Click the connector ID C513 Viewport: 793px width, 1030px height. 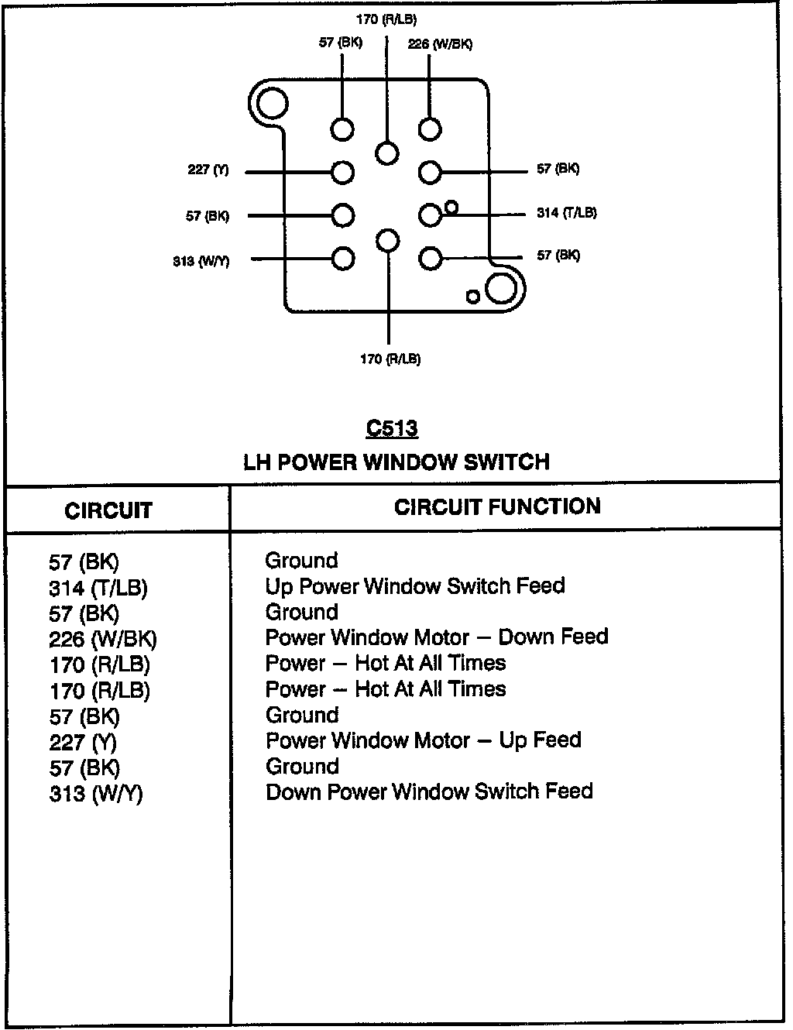[x=392, y=428]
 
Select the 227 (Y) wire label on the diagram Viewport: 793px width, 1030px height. [x=208, y=170]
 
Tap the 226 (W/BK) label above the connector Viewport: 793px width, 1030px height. [x=440, y=44]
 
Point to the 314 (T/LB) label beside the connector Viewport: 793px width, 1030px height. [x=566, y=212]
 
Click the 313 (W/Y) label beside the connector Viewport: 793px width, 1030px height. [x=201, y=261]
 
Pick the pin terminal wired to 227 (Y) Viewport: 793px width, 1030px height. [x=342, y=172]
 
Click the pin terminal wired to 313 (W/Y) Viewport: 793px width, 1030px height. [x=342, y=259]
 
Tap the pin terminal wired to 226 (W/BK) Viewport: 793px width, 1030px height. [x=430, y=129]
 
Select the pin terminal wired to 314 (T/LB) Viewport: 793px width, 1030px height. [x=430, y=215]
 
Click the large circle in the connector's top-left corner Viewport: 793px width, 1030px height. [x=272, y=102]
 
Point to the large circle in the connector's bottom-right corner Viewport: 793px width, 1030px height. [x=501, y=288]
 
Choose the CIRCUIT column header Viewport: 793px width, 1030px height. [x=108, y=510]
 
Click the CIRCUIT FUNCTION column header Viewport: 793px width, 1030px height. [x=497, y=506]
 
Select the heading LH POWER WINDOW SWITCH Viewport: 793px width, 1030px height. [x=396, y=462]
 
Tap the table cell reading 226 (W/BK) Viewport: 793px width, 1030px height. [x=102, y=639]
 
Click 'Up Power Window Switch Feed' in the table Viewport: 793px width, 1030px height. [x=415, y=585]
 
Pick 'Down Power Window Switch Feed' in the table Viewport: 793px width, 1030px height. [x=429, y=791]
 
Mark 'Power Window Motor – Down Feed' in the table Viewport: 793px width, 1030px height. [x=437, y=637]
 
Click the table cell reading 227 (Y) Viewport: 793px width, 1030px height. [x=83, y=742]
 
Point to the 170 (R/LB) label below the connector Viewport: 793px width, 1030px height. [x=390, y=359]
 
